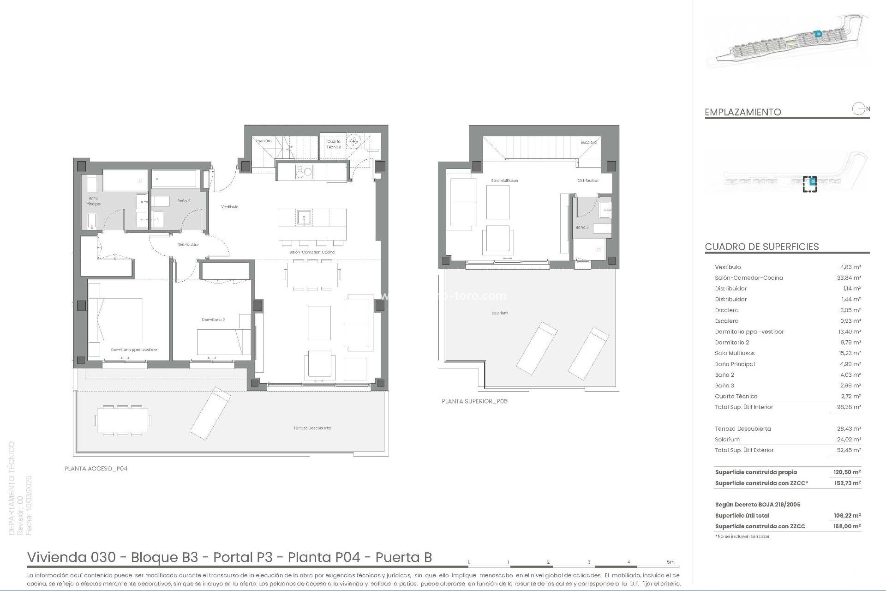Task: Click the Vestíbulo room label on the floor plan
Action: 229,207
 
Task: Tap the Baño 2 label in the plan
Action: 184,201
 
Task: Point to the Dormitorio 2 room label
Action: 213,320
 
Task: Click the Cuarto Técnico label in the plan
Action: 334,144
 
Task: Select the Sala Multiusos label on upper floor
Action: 504,181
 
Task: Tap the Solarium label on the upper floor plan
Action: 499,313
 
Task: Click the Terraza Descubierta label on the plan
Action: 312,428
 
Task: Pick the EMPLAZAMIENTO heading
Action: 742,112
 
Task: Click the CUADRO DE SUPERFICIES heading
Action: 761,247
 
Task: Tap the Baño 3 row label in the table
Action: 724,386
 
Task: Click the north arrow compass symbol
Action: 859,109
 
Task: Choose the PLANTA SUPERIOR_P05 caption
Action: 474,401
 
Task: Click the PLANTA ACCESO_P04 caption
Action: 96,469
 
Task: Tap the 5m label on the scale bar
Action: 670,562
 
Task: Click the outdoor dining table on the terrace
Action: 122,421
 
